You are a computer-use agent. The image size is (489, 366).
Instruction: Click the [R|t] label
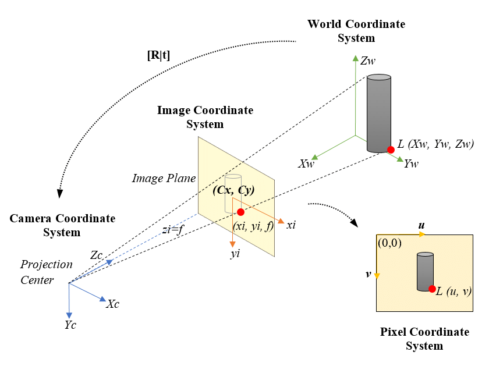[x=158, y=56]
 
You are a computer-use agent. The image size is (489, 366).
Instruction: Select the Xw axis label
[x=306, y=164]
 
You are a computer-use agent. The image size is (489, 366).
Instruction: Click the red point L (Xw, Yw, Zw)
[x=391, y=150]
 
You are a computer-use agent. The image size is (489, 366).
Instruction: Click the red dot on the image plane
[x=241, y=212]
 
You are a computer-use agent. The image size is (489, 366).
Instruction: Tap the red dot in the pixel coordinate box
[x=432, y=289]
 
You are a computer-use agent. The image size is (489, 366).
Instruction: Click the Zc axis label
[x=97, y=255]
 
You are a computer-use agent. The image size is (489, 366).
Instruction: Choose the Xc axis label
[x=114, y=303]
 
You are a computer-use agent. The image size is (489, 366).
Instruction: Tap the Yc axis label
[x=70, y=325]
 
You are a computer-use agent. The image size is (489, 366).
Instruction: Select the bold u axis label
[x=421, y=224]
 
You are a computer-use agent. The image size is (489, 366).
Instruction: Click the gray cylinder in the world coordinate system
[x=379, y=113]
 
